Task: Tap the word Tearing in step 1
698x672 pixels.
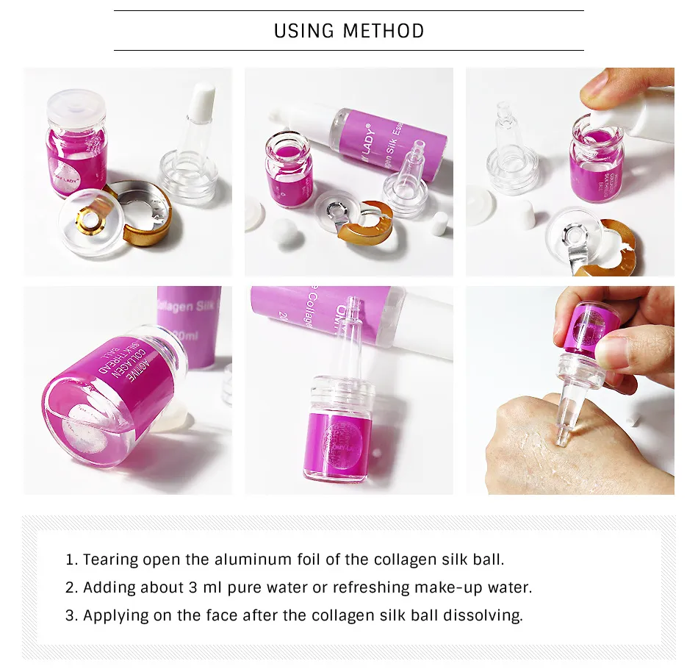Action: (110, 560)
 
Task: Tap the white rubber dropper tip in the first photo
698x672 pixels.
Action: (203, 98)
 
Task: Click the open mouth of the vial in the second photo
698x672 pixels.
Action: (287, 143)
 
